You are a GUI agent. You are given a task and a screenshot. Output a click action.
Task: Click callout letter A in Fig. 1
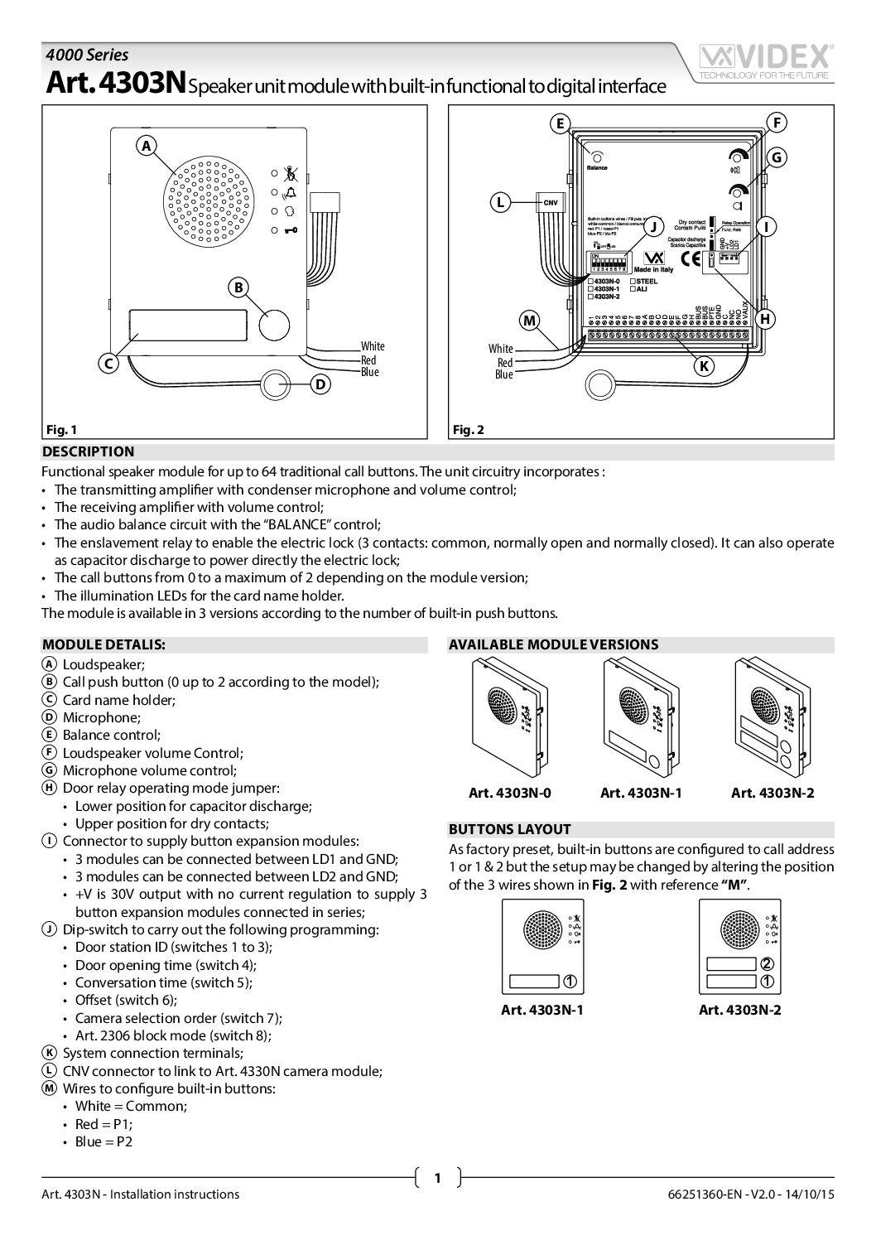coord(147,146)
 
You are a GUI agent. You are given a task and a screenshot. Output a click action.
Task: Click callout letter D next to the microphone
coord(320,384)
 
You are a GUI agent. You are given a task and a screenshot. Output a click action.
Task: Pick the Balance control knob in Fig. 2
coord(596,156)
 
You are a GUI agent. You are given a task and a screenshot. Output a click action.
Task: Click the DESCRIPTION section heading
coord(88,452)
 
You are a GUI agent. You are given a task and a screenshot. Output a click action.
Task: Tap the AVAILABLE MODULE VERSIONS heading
coord(553,644)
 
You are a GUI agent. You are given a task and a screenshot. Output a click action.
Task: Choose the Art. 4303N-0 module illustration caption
coord(510,793)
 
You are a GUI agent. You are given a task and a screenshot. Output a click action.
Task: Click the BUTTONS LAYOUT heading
coord(509,829)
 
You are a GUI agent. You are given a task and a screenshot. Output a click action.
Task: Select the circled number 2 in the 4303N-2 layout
coord(767,963)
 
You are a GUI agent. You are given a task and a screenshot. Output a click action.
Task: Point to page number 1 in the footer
coord(437,1177)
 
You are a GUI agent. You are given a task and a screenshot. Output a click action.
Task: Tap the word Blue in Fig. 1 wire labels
coord(369,373)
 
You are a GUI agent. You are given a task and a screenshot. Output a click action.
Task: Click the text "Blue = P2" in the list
coord(103,1141)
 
